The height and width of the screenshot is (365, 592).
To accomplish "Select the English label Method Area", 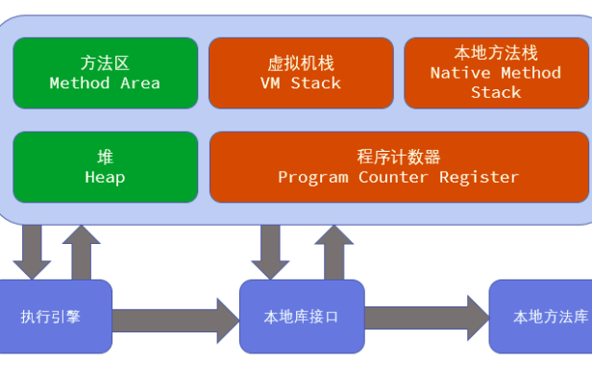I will [x=105, y=83].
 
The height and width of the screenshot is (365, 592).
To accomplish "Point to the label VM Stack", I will [x=301, y=83].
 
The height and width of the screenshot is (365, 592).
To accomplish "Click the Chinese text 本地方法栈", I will [x=496, y=53].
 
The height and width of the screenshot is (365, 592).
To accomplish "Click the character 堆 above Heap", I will [x=105, y=158].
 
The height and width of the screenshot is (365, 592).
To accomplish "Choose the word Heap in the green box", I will [x=105, y=178].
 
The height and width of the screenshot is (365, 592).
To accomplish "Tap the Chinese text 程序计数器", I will [x=398, y=158].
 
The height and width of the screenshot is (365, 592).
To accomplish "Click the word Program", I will [x=313, y=178].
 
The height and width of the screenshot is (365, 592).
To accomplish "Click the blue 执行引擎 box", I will [x=55, y=316].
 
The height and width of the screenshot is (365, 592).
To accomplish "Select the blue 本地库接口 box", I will [x=301, y=316].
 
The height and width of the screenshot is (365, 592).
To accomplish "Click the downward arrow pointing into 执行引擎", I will [x=34, y=250].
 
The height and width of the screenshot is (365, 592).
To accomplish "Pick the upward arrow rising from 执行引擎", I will [x=81, y=250].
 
